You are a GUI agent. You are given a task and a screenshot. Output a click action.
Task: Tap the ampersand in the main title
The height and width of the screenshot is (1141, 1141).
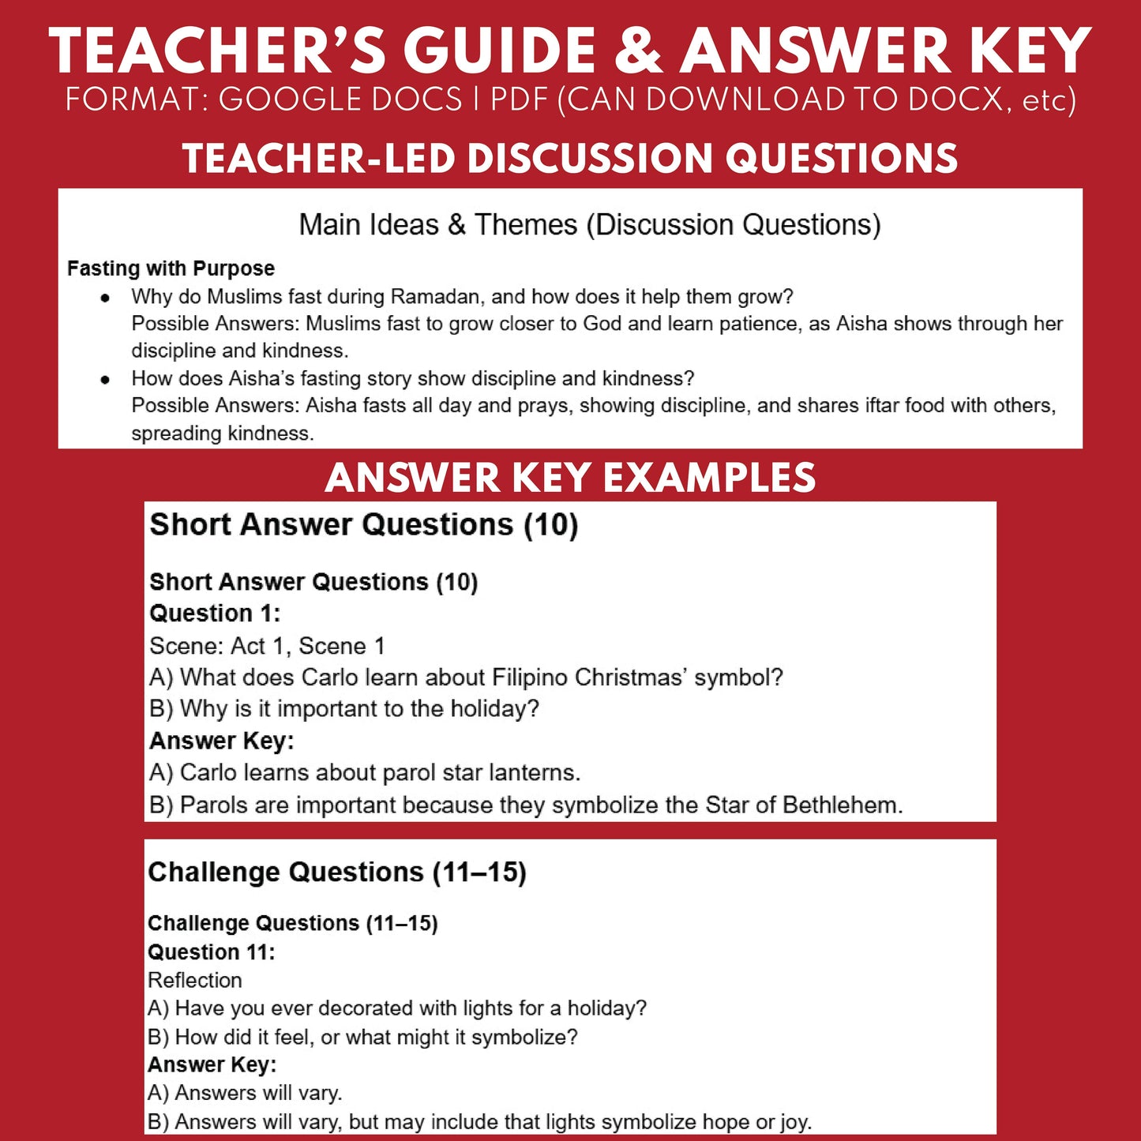(639, 51)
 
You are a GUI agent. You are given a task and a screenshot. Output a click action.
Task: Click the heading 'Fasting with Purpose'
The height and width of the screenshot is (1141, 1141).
(171, 268)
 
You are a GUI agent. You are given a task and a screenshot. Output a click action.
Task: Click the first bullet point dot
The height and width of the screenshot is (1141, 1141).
(105, 298)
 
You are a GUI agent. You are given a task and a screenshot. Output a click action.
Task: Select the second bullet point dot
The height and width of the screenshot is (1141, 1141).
(105, 379)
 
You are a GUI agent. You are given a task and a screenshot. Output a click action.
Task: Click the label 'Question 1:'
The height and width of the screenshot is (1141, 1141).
(215, 614)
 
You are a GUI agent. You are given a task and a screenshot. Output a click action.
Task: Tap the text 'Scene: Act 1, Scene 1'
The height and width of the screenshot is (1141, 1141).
(267, 646)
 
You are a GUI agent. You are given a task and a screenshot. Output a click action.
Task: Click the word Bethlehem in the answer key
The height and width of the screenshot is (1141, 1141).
(842, 805)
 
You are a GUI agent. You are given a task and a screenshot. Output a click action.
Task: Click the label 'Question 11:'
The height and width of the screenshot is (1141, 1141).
(211, 952)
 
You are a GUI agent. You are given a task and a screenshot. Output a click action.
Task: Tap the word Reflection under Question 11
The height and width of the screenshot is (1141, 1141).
(195, 980)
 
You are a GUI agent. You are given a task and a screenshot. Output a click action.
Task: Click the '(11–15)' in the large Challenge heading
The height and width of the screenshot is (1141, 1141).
(479, 873)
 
